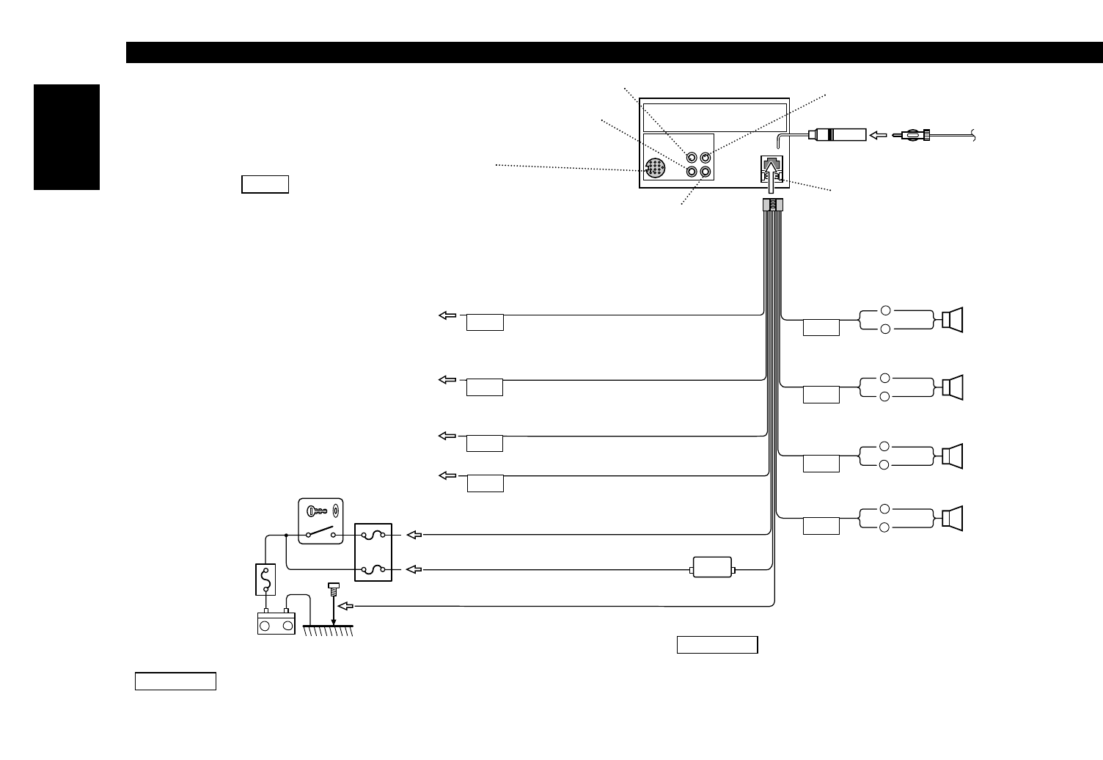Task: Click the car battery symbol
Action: point(276,624)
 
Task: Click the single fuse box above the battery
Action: point(265,579)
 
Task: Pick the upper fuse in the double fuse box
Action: point(373,536)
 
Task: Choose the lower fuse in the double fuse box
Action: point(373,569)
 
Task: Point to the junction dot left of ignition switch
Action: point(285,536)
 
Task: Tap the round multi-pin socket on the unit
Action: point(654,169)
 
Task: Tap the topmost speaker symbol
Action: point(953,321)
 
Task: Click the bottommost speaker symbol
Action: point(953,519)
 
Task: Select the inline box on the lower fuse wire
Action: point(713,569)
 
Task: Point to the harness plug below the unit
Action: point(773,206)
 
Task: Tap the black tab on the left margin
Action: point(67,137)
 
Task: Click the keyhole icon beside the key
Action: point(335,511)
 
